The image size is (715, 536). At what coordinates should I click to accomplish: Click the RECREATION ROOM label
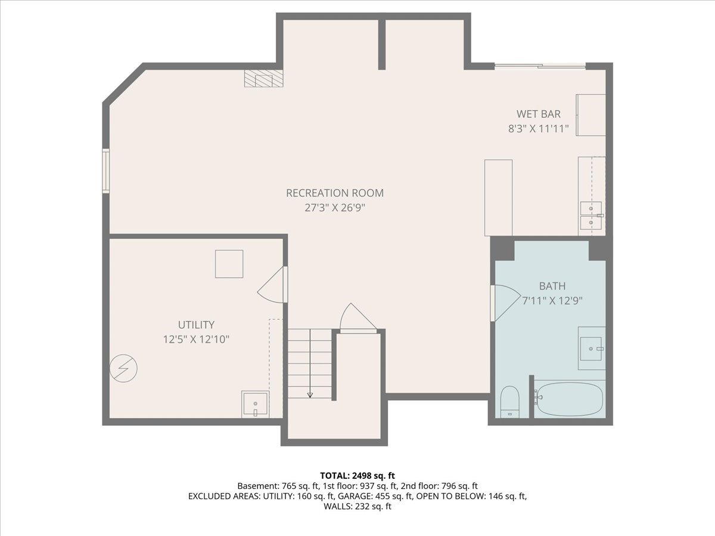point(334,193)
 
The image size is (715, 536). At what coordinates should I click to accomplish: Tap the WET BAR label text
point(538,114)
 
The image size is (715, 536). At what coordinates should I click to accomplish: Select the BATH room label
point(552,286)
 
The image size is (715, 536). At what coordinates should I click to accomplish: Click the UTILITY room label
point(196,325)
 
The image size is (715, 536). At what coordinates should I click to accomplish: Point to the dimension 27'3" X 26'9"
point(334,208)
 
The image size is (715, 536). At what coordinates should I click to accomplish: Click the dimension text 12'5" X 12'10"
point(196,339)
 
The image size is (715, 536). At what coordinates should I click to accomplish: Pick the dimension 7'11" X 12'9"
point(552,301)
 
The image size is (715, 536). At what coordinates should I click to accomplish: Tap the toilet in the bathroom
point(510,401)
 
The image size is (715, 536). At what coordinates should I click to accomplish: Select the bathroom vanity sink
point(591,348)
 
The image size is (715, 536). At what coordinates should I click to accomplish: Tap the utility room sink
point(255,405)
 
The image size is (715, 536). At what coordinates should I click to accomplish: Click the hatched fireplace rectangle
point(263,79)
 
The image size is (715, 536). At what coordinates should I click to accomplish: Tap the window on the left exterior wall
point(105,171)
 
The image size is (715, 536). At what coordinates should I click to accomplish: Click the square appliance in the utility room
point(229,264)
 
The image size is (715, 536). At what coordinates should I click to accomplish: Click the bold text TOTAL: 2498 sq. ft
point(357,475)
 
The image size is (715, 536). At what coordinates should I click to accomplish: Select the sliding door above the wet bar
point(540,66)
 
